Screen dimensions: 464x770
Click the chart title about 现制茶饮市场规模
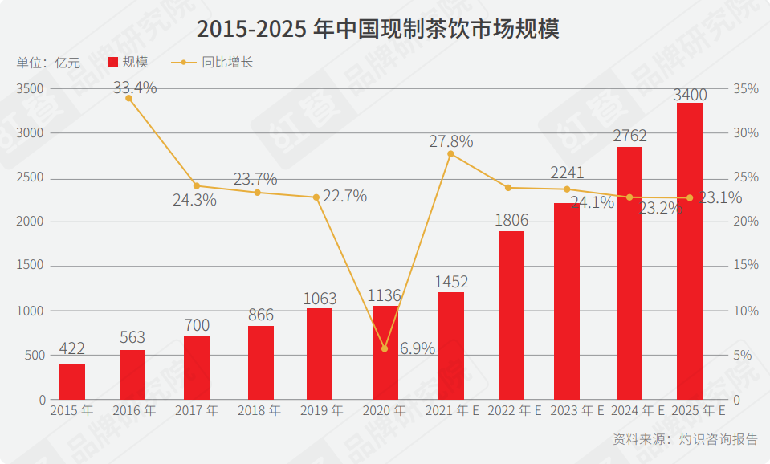click(377, 29)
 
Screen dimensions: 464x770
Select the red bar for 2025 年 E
click(690, 250)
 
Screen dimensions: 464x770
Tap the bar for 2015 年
click(72, 381)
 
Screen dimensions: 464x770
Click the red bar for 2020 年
click(385, 352)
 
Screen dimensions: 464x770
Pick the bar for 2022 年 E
click(511, 315)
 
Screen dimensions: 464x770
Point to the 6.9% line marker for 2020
click(385, 348)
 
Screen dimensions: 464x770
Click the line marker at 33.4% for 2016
click(128, 98)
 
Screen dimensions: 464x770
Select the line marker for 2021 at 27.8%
click(450, 153)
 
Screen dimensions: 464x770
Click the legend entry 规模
click(128, 62)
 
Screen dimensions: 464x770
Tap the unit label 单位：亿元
click(48, 63)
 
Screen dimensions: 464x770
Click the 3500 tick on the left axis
click(31, 88)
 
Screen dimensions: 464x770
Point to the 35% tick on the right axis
click(746, 88)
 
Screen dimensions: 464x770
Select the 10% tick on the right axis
click(746, 311)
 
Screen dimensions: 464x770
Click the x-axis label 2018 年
click(259, 410)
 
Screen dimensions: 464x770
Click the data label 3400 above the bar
click(690, 95)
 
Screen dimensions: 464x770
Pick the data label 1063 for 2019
click(320, 299)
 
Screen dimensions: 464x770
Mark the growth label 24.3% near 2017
click(194, 200)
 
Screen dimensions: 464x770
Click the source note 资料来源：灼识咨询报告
click(685, 439)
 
